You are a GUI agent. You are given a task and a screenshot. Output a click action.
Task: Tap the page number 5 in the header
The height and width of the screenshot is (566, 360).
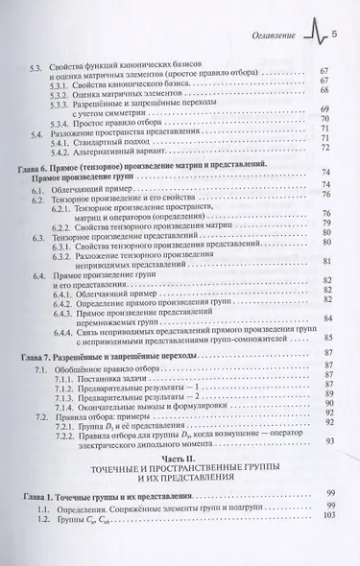[335, 35]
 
